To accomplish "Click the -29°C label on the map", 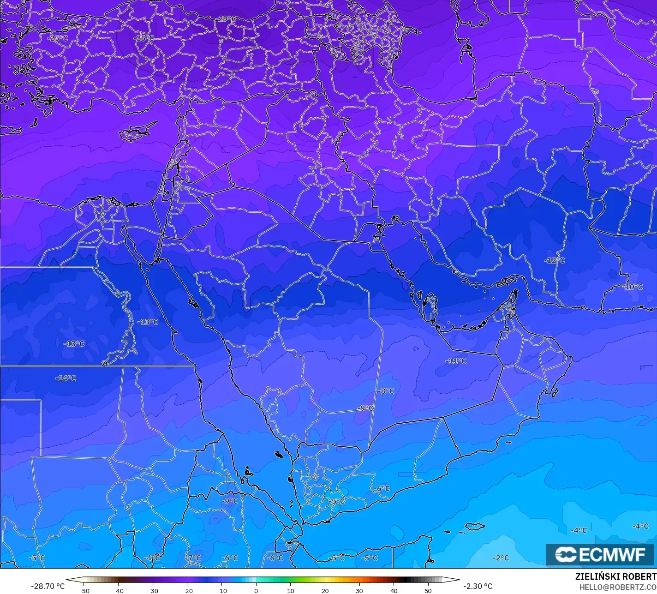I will click(x=227, y=19).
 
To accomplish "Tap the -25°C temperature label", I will click(x=58, y=38).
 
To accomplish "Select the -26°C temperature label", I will click(x=144, y=38).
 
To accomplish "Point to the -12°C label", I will click(x=555, y=260).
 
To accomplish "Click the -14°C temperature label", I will click(x=66, y=378).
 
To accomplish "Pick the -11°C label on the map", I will click(x=456, y=361).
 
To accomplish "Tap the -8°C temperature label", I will click(x=386, y=391).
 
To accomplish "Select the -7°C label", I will click(x=193, y=558).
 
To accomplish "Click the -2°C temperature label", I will click(x=501, y=558).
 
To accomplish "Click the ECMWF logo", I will click(x=600, y=554).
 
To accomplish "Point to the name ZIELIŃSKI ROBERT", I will click(x=615, y=576).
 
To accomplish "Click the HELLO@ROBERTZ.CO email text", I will click(x=618, y=587).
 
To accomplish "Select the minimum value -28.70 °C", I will click(x=48, y=586).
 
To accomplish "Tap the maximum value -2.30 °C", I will click(x=478, y=586).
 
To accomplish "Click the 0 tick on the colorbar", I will click(x=256, y=590).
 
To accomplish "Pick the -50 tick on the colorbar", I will click(x=84, y=590).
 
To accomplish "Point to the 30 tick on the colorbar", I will click(x=359, y=590).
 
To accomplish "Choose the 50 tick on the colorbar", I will click(x=428, y=590).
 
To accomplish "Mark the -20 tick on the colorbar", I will click(x=187, y=590).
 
